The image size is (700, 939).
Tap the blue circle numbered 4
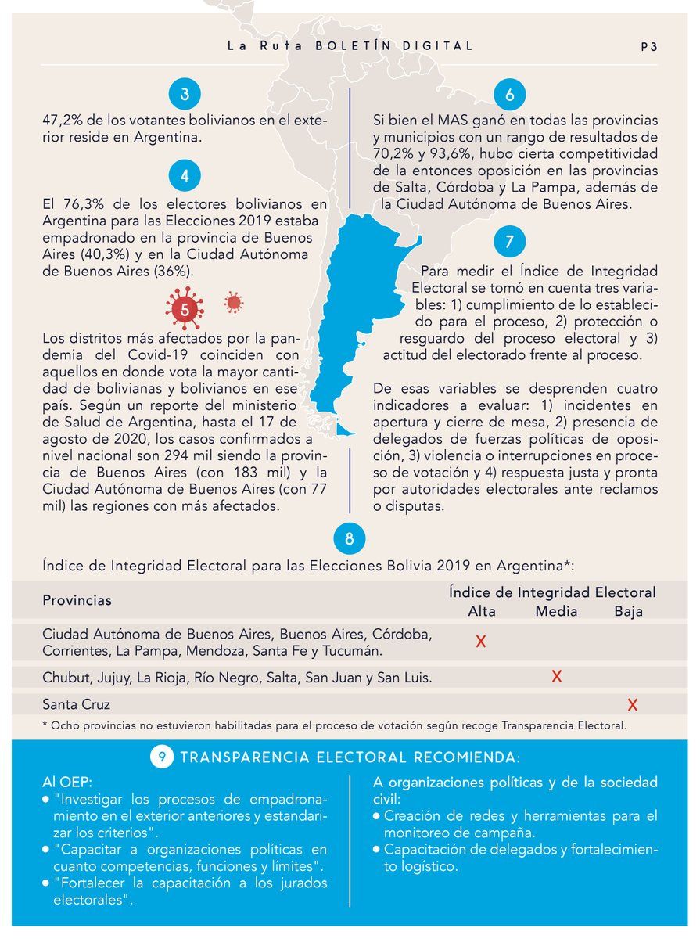[185, 176]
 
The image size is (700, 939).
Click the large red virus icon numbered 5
[185, 308]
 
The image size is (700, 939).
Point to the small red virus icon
[232, 302]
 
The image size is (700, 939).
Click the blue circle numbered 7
[510, 242]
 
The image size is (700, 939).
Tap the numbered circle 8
[349, 539]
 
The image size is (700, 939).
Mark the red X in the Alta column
[482, 642]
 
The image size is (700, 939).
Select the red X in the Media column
[556, 677]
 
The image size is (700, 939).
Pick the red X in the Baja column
[632, 705]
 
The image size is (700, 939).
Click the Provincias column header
[77, 601]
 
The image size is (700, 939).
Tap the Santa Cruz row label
[77, 704]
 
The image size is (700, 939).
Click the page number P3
[648, 47]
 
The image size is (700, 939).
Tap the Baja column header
[629, 612]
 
